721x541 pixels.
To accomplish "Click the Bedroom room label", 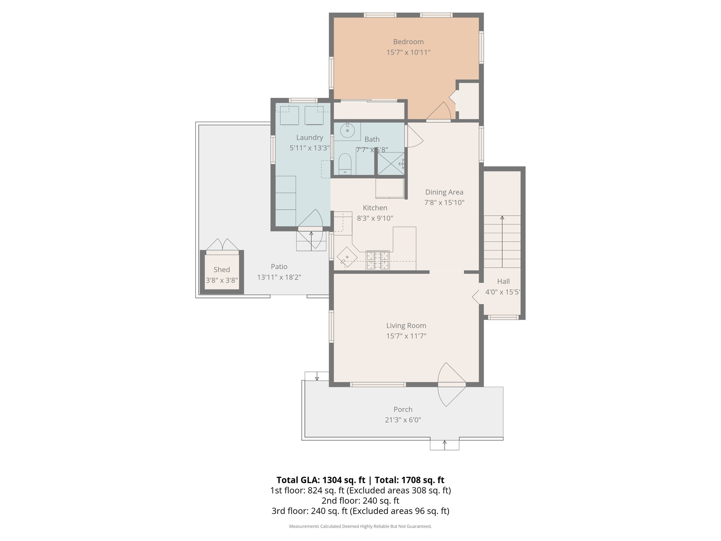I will point(408,42).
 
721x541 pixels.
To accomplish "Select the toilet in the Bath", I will point(345,164).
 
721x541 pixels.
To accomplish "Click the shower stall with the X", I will point(391,163).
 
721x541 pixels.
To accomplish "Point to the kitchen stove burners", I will point(378,260).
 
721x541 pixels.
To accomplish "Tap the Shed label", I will point(221,270).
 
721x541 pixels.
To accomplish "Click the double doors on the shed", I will point(222,245).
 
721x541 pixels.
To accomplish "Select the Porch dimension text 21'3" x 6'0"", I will point(403,420).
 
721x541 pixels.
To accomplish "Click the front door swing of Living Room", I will point(451,385).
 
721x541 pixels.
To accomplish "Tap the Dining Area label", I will point(444,192).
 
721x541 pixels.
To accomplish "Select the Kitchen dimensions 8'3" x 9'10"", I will point(375,218).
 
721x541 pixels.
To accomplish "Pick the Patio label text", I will point(279,267).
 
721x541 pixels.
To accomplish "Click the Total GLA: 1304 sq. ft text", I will point(321,480).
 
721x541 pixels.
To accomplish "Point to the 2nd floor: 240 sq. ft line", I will point(360,500).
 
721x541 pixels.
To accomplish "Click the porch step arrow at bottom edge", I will point(444,444).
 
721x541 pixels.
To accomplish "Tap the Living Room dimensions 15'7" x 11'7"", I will point(406,336).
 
